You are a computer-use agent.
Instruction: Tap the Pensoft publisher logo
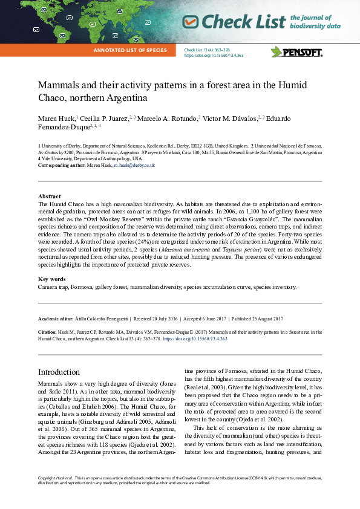[296, 51]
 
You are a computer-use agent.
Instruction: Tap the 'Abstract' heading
[49, 196]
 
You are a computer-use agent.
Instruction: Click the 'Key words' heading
[52, 279]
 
